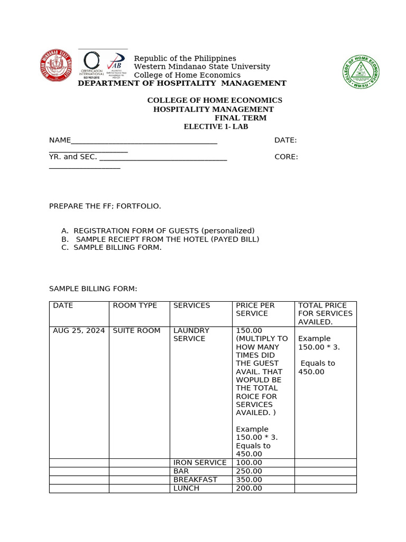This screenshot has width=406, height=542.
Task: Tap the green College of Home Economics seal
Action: (361, 71)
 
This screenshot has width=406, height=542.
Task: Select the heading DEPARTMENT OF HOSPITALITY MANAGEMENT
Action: (182, 83)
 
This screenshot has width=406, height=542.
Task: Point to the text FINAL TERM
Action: (240, 118)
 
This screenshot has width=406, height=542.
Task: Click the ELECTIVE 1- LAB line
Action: (216, 127)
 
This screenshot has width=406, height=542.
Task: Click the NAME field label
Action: (60, 140)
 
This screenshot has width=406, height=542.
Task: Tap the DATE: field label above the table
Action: (285, 140)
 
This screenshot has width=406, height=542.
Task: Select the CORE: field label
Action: (286, 157)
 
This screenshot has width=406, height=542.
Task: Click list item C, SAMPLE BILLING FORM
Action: (117, 247)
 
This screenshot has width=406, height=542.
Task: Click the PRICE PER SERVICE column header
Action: (255, 309)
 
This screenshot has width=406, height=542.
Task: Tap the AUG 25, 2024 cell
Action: (79, 330)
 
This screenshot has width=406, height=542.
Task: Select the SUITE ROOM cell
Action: (136, 330)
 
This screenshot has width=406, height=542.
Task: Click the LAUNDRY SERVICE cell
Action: (191, 335)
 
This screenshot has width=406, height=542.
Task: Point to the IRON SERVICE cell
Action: (199, 463)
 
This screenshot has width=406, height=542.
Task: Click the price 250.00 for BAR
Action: (248, 471)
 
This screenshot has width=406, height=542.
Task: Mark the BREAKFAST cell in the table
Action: (195, 480)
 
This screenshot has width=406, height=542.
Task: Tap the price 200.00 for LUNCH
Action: (248, 488)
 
